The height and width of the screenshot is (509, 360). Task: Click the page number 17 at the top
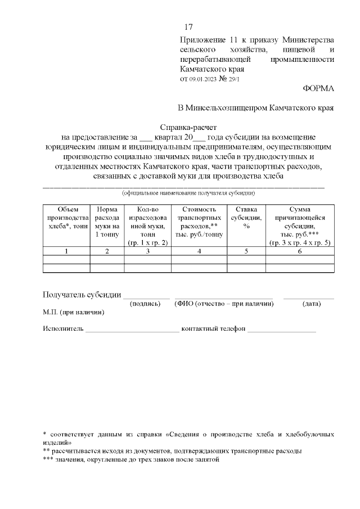point(188,27)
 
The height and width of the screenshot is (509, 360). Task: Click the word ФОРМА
point(318,88)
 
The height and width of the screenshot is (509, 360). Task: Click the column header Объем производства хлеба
point(66,222)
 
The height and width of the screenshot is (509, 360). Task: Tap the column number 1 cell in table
point(66,251)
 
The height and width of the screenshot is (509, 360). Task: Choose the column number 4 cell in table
point(199,251)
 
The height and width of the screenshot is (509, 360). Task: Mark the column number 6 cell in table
point(299,251)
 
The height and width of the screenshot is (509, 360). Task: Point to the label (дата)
point(311,304)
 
